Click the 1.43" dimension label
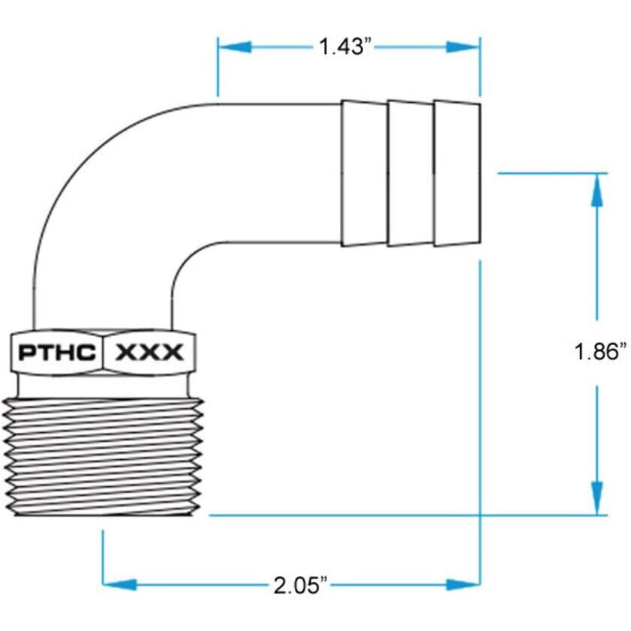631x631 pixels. click(x=346, y=47)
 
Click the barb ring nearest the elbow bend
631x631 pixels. click(x=364, y=173)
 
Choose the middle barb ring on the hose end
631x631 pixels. click(x=410, y=173)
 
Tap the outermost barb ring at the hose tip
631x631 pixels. click(x=456, y=173)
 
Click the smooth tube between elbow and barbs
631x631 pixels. click(x=285, y=173)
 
